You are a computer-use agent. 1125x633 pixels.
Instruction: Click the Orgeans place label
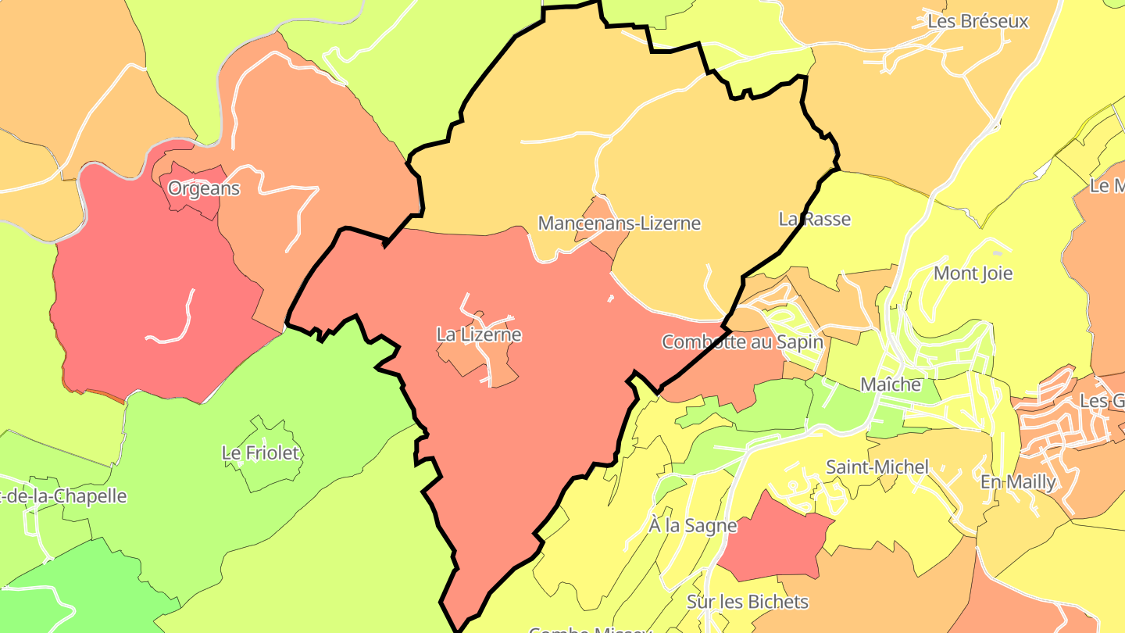tap(204, 188)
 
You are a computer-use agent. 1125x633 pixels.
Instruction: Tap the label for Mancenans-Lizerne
tap(619, 224)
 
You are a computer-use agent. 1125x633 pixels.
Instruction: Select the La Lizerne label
tap(478, 334)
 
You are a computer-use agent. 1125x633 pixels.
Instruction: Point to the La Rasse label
tap(814, 219)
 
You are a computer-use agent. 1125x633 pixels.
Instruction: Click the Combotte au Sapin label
tap(741, 342)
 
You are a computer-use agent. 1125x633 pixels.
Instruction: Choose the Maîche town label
tap(890, 384)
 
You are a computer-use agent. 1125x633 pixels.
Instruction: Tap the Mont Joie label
tap(973, 274)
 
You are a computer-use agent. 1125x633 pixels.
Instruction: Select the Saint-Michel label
tap(877, 467)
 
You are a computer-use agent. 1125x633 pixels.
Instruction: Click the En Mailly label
tap(1018, 482)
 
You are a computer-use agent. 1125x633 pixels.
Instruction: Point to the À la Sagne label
tap(692, 525)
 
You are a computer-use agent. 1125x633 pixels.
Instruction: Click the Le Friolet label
tap(261, 452)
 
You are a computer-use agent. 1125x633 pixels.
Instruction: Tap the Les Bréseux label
tap(977, 21)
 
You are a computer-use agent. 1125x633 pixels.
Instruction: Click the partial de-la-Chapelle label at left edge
tap(62, 496)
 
